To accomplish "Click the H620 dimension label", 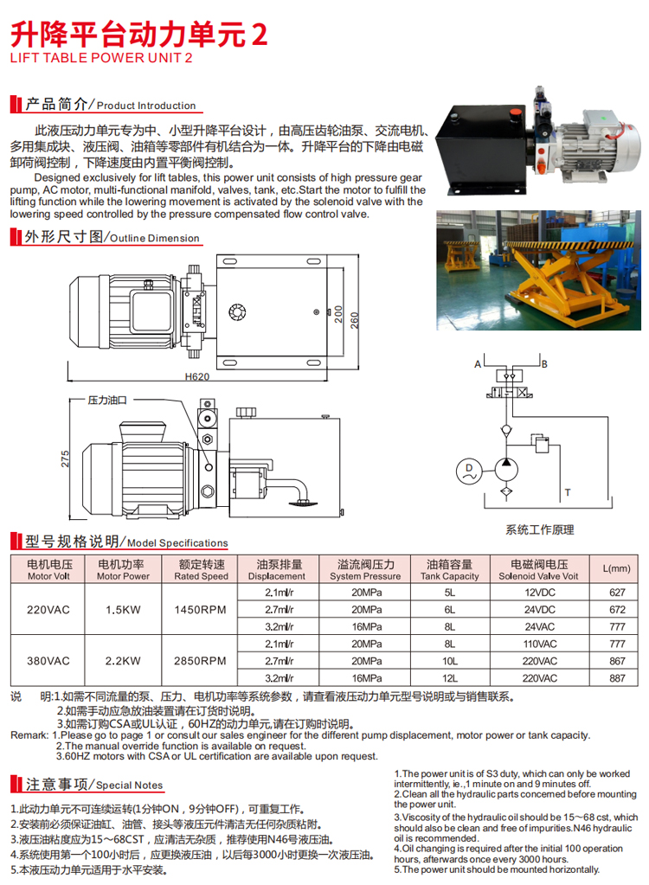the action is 197,376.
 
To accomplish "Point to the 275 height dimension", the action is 65,459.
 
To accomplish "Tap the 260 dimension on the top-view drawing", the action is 355,321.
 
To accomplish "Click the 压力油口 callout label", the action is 107,401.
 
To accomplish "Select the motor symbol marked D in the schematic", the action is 469,471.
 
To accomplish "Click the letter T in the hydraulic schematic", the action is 567,493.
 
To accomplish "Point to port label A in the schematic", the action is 478,364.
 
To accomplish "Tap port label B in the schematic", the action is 544,364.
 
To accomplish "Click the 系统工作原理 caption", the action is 539,529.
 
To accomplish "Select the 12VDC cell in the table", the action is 539,593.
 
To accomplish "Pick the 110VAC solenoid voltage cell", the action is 539,644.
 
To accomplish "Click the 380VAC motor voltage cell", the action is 48,661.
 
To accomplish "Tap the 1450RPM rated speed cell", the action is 201,610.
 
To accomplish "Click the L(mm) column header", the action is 616,568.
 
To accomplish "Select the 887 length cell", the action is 617,678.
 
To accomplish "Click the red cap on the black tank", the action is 515,112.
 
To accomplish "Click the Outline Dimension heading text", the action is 155,238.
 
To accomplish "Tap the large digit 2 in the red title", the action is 259,35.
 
